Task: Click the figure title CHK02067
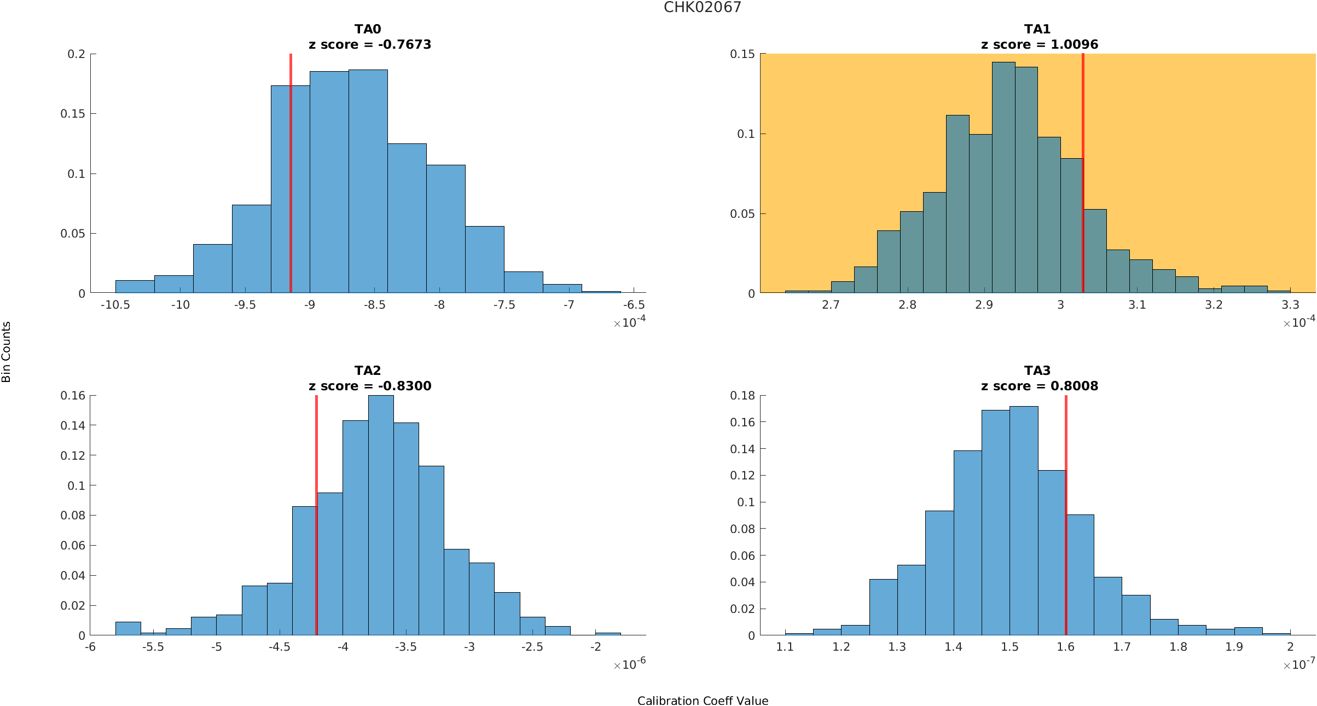click(702, 8)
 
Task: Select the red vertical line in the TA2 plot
click(316, 514)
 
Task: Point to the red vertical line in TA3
click(1066, 514)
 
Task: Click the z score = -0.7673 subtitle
click(370, 45)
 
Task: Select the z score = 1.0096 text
click(1039, 45)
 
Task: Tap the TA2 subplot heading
click(367, 371)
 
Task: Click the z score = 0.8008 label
click(1039, 386)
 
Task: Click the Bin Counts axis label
click(7, 352)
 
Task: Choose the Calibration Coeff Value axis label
click(703, 701)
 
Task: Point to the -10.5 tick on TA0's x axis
click(115, 305)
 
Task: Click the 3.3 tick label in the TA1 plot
click(1290, 305)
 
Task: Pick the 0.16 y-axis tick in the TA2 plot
click(73, 396)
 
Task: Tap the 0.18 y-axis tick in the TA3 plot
click(742, 396)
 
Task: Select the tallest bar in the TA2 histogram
click(381, 514)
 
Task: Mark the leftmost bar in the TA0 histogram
click(135, 287)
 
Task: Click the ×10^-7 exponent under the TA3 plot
click(1299, 665)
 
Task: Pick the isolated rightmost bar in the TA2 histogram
click(608, 634)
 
